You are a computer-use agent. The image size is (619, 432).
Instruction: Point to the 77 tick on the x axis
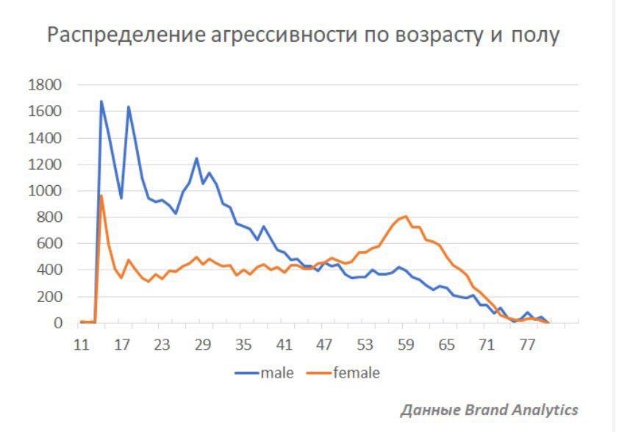pos(527,344)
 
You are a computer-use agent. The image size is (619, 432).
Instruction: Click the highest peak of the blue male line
pos(101,101)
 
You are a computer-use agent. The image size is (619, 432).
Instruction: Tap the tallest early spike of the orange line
pos(101,195)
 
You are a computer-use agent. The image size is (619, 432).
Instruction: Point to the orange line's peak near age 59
pos(406,216)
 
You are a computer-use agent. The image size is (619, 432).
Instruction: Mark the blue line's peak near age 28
pos(196,158)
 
